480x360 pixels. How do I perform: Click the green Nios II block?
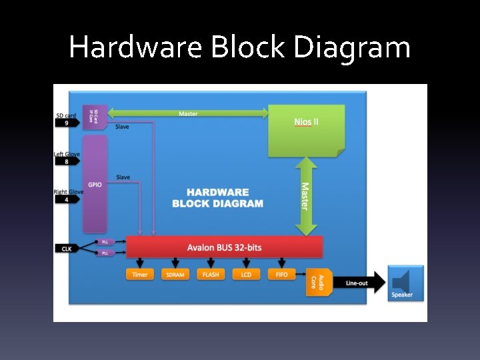click(x=306, y=130)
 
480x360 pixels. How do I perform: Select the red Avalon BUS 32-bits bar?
click(x=224, y=247)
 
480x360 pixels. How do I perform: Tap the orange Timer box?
click(x=140, y=275)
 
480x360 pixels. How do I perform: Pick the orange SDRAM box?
click(x=175, y=275)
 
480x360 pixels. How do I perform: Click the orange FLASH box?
click(x=211, y=275)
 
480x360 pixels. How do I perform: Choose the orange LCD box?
click(x=246, y=275)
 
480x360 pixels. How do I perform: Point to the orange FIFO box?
click(x=281, y=275)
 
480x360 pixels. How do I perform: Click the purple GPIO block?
click(x=95, y=183)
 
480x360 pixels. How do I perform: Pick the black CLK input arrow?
click(x=67, y=249)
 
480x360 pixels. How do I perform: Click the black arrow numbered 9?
click(x=67, y=123)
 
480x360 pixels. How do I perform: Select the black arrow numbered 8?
click(x=67, y=161)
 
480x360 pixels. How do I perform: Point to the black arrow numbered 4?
click(x=67, y=199)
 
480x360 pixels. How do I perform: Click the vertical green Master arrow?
click(x=305, y=196)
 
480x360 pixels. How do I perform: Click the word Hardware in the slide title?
click(x=135, y=47)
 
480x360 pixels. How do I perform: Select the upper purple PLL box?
click(x=105, y=242)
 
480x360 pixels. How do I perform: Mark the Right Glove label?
click(x=67, y=192)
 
